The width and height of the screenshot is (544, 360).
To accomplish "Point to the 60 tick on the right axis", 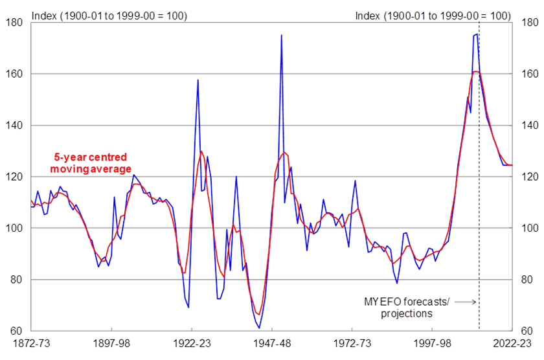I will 524,332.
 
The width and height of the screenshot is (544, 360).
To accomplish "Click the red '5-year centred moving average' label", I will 91,163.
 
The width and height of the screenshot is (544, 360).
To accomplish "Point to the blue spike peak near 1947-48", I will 282,36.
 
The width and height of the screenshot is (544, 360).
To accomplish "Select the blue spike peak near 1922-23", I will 198,80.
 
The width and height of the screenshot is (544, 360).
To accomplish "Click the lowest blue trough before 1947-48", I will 259,328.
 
